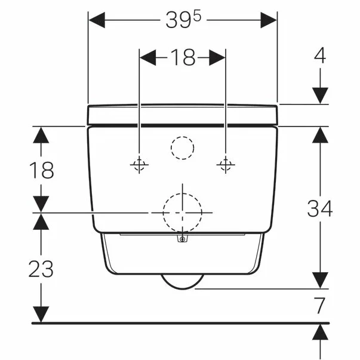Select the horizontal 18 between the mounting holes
tap(183, 57)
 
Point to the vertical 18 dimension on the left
tap(41, 170)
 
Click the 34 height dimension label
tap(320, 208)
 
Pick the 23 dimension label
tap(41, 269)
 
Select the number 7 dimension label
tap(321, 306)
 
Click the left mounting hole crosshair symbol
tap(139, 165)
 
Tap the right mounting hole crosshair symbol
tap(225, 164)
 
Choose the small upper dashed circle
tap(183, 146)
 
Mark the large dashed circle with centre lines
tap(182, 212)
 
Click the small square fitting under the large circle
tap(182, 239)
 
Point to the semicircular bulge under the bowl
tap(182, 282)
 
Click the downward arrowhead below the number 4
tap(321, 95)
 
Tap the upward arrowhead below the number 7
tap(321, 332)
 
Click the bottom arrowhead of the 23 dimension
tap(41, 314)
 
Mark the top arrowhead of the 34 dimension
tap(321, 136)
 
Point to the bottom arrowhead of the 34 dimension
tap(321, 279)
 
